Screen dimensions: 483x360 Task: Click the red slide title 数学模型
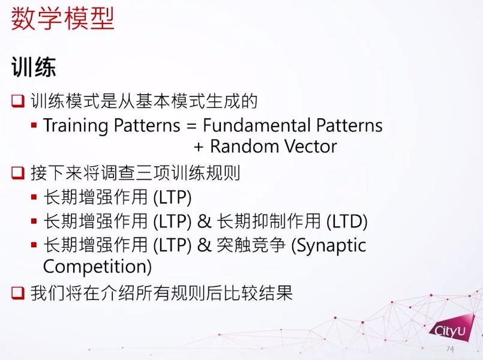pos(62,19)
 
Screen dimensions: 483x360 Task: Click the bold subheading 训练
pos(34,67)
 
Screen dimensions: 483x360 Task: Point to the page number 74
pos(450,349)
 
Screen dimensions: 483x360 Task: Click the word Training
pos(76,125)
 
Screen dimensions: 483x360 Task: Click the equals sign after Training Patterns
pos(191,126)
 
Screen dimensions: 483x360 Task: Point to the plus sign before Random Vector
pos(199,147)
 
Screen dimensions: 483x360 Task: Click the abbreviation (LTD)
pos(347,221)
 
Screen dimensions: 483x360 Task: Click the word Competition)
pos(97,266)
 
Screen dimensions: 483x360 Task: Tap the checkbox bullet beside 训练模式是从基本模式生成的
pos(18,101)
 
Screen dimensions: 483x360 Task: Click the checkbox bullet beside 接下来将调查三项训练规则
pos(18,173)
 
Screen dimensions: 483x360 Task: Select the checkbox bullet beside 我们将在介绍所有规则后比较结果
pos(18,293)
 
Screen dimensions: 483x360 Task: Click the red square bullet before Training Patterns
pos(34,125)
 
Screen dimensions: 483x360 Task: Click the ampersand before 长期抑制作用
pos(204,221)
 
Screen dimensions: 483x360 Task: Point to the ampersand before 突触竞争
pos(204,245)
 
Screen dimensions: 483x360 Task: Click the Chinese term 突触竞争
pos(251,245)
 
